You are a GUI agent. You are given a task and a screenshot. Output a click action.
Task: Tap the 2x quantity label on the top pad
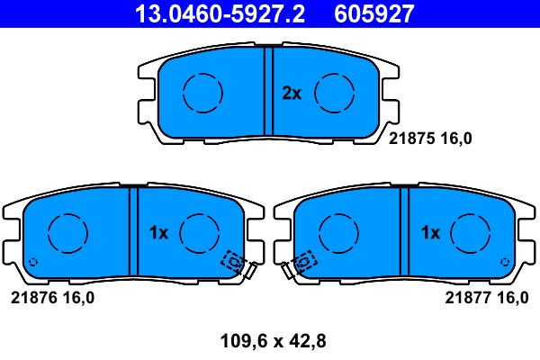291,93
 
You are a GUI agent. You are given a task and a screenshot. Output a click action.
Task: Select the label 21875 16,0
430,138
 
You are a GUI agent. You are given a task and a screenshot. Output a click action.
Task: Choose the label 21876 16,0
52,298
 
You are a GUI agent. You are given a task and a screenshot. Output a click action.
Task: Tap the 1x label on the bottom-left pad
158,232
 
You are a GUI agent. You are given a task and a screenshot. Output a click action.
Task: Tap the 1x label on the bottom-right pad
430,232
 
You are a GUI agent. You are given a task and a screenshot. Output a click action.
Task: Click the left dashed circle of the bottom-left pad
66,233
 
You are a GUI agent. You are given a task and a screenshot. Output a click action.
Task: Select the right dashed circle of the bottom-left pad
199,233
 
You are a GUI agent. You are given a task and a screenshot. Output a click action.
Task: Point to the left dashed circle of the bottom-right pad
337,233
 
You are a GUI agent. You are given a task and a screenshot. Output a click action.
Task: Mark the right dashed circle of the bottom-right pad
470,233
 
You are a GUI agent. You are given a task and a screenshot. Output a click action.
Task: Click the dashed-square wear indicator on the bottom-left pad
234,261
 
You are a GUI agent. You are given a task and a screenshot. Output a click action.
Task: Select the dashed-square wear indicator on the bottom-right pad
304,261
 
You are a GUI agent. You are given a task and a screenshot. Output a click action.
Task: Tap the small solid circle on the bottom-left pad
33,262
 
